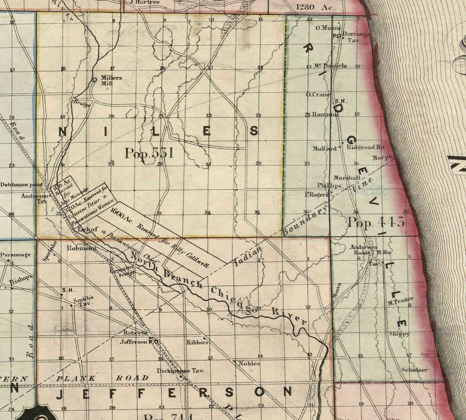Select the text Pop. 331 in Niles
pos(149,153)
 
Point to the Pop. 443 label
pos(376,222)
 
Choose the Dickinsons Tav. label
pos(180,371)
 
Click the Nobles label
pos(249,363)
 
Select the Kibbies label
pos(197,342)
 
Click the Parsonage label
pos(16,255)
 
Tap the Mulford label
pos(324,149)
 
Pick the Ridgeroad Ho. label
pos(366,147)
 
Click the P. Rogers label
pos(316,194)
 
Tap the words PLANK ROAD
pos(102,378)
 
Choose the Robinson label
pos(81,248)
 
